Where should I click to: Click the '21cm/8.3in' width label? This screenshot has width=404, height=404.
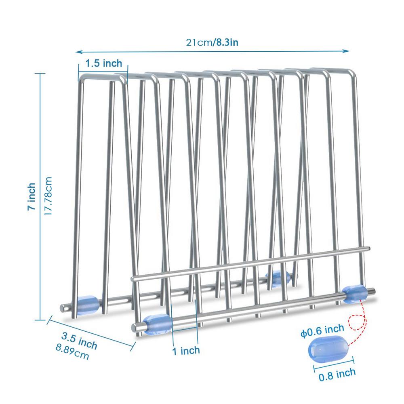[212, 42]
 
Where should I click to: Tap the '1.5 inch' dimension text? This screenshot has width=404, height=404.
[103, 63]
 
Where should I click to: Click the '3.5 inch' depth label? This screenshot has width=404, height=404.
[79, 340]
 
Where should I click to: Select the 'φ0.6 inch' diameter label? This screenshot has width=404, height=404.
[322, 332]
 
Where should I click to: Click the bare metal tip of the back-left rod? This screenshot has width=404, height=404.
[63, 308]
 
